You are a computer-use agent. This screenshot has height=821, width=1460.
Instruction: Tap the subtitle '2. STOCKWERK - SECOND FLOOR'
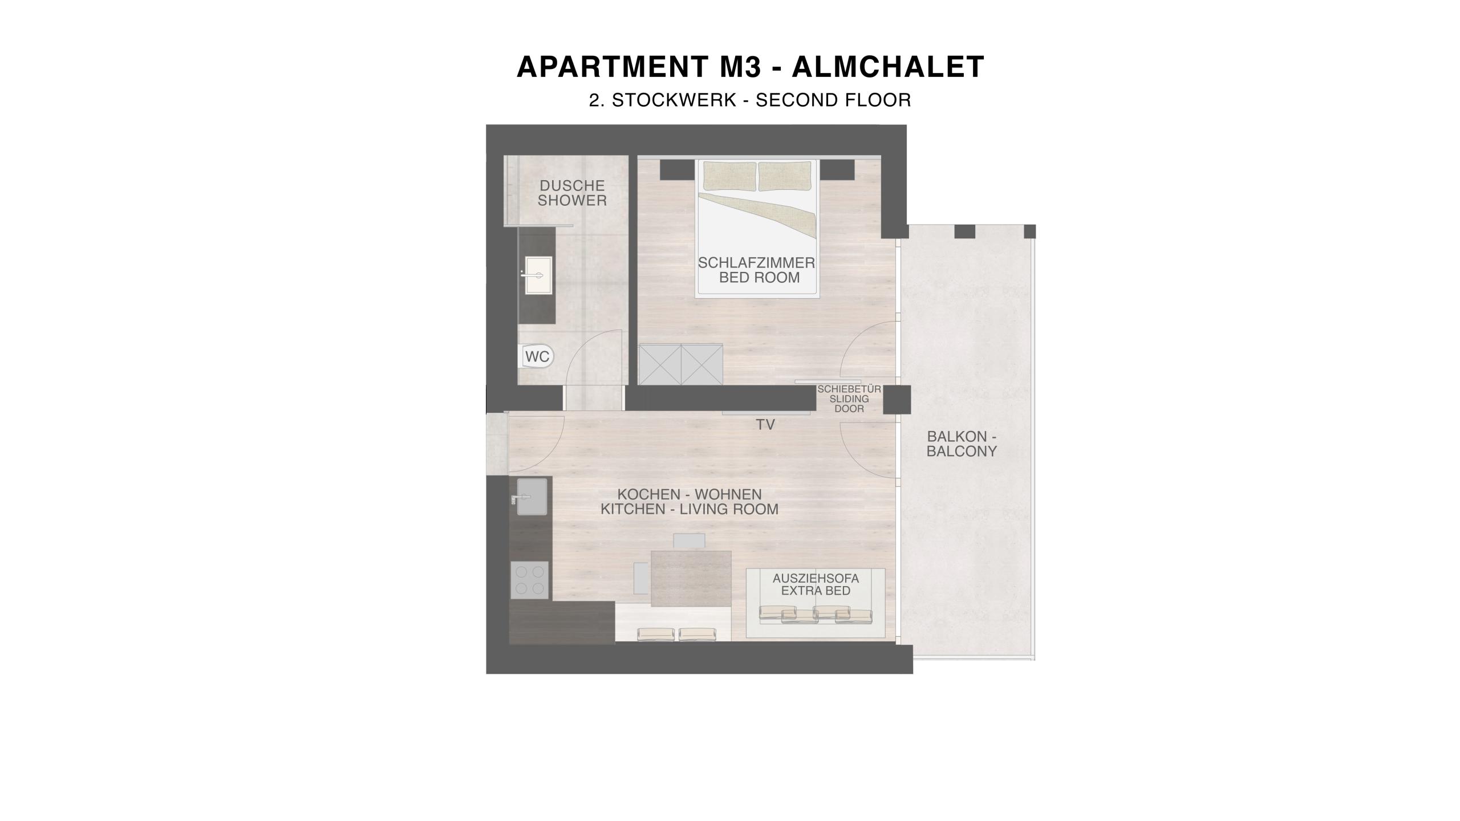click(x=751, y=100)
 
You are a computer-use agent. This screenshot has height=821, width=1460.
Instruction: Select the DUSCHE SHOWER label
click(x=572, y=193)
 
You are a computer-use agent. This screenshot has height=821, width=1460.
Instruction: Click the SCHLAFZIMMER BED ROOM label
click(x=757, y=270)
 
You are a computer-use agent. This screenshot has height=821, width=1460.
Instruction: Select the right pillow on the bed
click(x=784, y=176)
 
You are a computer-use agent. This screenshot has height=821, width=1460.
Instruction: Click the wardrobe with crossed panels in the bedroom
click(x=681, y=364)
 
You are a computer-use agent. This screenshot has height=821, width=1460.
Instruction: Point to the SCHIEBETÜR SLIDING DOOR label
click(x=849, y=399)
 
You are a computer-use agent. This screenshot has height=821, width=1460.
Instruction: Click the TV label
click(x=765, y=425)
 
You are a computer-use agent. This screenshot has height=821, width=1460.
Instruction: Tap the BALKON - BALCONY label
click(x=962, y=444)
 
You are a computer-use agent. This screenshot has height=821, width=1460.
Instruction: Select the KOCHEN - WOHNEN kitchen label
click(x=690, y=502)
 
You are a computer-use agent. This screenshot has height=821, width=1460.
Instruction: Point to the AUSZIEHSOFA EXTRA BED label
click(x=816, y=585)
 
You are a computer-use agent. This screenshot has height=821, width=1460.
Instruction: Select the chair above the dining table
click(x=690, y=541)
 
